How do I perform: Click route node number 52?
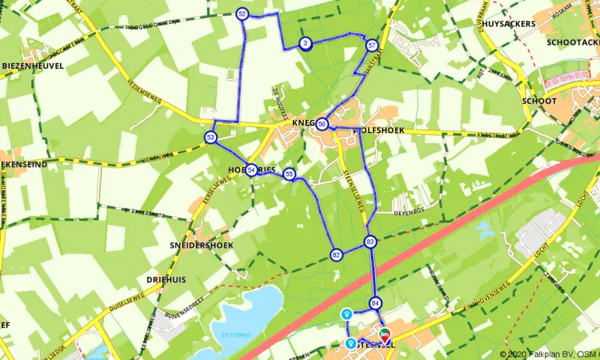(241, 13)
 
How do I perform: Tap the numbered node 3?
(304, 43)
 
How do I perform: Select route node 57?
(372, 45)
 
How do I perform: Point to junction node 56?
(322, 124)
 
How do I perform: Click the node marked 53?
(210, 137)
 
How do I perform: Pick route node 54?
(251, 170)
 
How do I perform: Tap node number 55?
(289, 175)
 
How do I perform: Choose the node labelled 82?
(336, 255)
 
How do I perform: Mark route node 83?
(370, 241)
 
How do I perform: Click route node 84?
(376, 303)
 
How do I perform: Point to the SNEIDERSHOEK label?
(201, 245)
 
